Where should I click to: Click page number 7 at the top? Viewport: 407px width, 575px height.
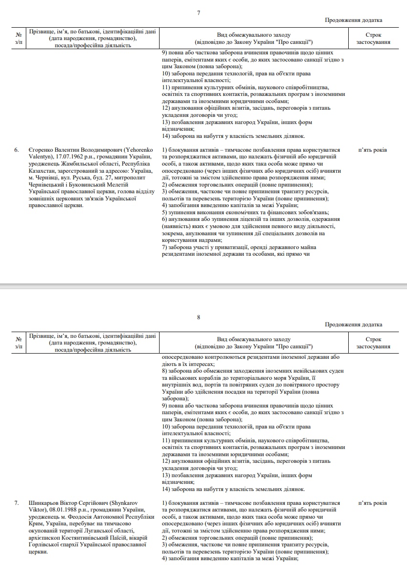point(199,12)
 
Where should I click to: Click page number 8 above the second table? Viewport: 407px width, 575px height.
point(199,317)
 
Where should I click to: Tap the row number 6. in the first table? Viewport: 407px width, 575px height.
point(16,150)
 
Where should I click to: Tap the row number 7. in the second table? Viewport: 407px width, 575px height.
point(16,503)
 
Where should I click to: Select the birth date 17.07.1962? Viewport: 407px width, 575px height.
point(70,157)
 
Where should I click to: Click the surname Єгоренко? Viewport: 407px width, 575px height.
point(41,150)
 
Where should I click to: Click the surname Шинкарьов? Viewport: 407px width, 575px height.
point(44,503)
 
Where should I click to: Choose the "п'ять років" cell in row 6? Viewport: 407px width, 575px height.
point(373,150)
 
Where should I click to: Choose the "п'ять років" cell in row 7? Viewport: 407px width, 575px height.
point(373,503)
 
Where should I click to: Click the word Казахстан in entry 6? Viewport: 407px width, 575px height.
point(41,171)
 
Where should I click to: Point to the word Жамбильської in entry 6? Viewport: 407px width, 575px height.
point(77,164)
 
